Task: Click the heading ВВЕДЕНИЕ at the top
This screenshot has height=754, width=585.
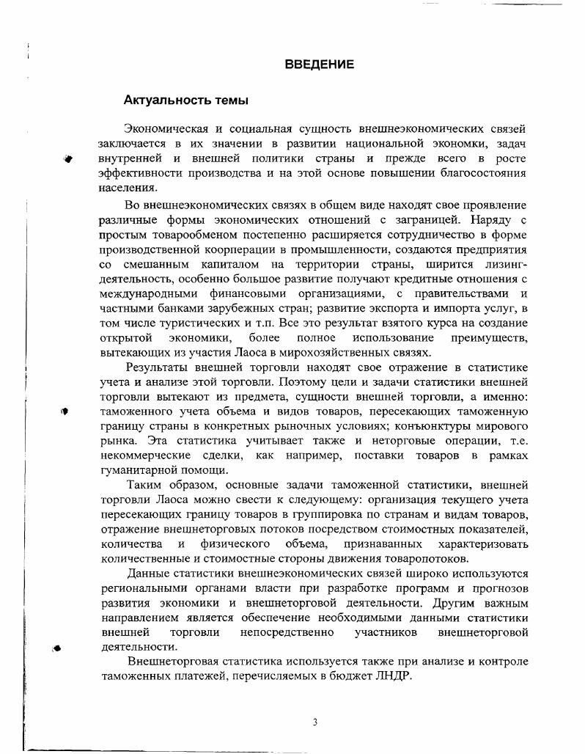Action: click(x=319, y=65)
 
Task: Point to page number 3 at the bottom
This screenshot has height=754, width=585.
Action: click(x=314, y=722)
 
